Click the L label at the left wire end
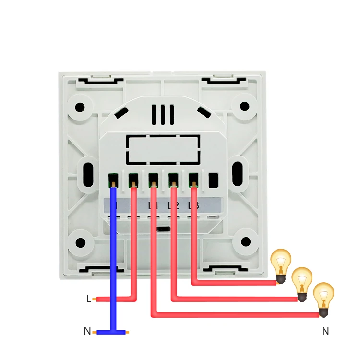click(x=89, y=299)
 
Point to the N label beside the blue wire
click(x=87, y=331)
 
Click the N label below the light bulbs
click(x=325, y=331)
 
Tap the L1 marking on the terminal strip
click(x=153, y=206)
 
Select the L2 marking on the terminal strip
click(x=173, y=206)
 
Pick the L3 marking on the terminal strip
click(x=193, y=206)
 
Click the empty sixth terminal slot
click(x=214, y=180)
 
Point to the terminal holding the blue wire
click(x=113, y=181)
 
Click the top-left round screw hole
click(x=80, y=107)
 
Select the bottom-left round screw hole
click(x=80, y=242)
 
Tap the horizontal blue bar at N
click(x=111, y=332)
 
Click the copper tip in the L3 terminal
click(x=194, y=184)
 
